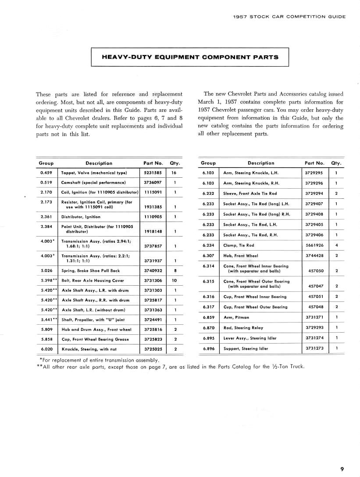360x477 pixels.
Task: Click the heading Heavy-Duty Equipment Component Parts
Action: point(190,57)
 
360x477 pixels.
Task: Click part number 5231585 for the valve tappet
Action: point(153,173)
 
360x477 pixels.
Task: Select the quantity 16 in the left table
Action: point(174,173)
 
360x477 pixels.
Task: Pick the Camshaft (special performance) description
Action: point(93,183)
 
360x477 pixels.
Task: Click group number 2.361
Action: point(46,216)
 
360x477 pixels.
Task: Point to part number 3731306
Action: point(153,280)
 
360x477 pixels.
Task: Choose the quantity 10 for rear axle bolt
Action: point(174,280)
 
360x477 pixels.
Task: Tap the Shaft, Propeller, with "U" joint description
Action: point(93,319)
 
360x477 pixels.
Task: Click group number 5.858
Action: point(46,339)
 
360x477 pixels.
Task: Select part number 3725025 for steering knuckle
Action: point(153,349)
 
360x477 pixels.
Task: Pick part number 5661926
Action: point(314,245)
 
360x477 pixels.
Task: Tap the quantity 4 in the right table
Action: point(336,245)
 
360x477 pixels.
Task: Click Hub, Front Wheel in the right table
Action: point(241,255)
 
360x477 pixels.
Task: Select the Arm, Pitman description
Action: point(236,317)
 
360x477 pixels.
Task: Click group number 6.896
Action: point(208,348)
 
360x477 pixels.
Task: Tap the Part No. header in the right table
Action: point(314,163)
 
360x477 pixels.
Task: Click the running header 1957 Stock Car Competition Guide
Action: point(289,17)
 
